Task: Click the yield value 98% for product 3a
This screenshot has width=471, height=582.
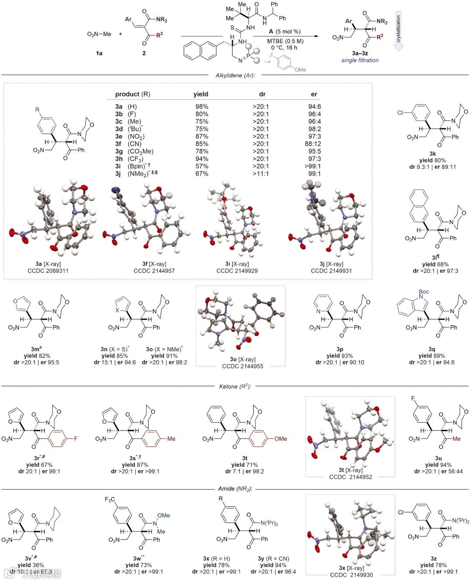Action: click(201, 106)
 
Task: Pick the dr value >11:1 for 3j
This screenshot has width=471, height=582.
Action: click(261, 174)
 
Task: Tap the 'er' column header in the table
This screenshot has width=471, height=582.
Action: click(314, 94)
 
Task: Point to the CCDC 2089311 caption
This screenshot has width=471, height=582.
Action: click(48, 271)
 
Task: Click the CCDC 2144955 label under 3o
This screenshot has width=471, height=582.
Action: click(242, 366)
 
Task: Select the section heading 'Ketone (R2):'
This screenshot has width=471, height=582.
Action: click(235, 386)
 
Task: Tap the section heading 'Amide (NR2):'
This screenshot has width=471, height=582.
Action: click(235, 489)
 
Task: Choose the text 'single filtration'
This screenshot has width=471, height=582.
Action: click(360, 61)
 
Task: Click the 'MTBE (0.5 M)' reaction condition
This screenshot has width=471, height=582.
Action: click(285, 41)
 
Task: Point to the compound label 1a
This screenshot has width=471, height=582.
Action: click(99, 53)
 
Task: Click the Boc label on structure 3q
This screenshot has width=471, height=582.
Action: click(423, 292)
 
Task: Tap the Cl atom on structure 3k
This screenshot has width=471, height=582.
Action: click(400, 112)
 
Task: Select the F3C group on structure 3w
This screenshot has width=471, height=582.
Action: click(109, 500)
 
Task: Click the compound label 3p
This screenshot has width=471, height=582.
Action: click(340, 349)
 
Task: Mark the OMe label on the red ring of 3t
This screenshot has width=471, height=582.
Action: click(280, 439)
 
